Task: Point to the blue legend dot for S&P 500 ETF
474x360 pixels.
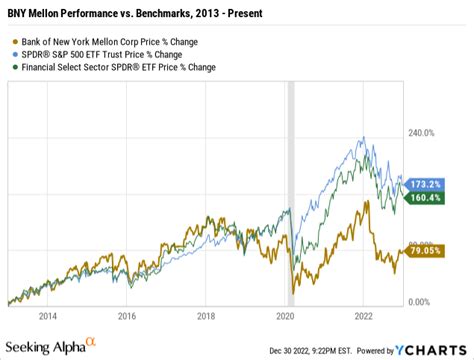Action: pos(14,54)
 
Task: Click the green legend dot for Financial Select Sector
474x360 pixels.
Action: pos(14,68)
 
